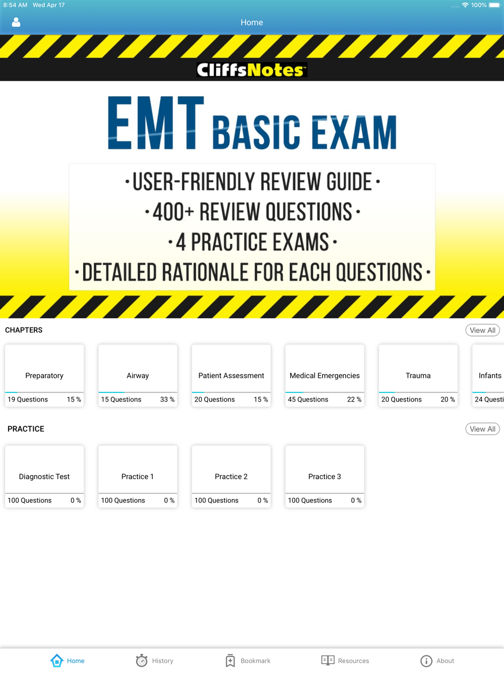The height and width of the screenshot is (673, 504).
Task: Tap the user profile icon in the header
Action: tap(16, 22)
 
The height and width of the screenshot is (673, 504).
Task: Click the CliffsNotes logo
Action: tap(251, 70)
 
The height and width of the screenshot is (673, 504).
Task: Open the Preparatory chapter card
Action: tap(44, 375)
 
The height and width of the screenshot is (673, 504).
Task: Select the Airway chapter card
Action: tap(138, 375)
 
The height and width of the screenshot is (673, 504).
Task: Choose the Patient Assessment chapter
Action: tap(231, 375)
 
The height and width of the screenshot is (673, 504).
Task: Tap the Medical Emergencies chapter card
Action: tap(325, 375)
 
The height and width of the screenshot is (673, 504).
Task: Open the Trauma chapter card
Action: tap(418, 375)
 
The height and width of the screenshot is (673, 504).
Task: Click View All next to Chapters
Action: tap(482, 330)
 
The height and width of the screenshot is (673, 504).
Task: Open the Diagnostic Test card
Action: tap(44, 476)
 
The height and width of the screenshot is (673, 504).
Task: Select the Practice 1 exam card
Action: tap(138, 476)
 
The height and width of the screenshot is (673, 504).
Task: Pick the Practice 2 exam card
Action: tap(231, 476)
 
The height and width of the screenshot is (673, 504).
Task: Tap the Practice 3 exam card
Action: tap(325, 476)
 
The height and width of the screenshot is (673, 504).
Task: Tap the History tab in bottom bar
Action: tap(155, 660)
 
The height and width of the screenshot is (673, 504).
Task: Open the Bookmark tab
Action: tap(248, 660)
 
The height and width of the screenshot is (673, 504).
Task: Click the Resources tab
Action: tap(345, 660)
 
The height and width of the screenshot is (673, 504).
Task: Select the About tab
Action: tap(437, 661)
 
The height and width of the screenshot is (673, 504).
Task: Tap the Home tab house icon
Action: tap(56, 660)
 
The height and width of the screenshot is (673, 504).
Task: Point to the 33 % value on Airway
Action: tap(167, 400)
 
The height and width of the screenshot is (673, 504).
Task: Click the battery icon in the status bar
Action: tap(495, 5)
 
